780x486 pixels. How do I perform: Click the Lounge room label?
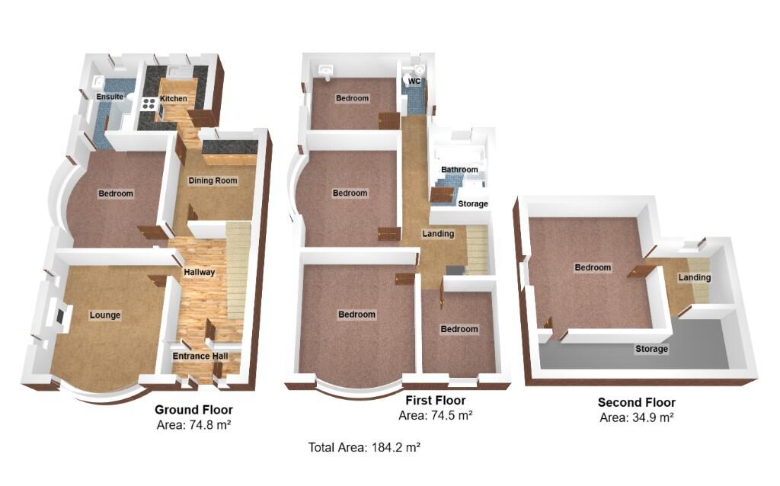tap(105, 315)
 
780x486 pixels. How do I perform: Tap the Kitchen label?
tap(173, 99)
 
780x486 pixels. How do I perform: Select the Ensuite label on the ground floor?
tap(110, 97)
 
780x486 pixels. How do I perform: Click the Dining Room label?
tap(213, 181)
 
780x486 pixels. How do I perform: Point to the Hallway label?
tap(200, 272)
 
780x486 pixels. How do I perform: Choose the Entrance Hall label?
tap(196, 356)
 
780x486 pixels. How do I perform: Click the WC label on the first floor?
tap(414, 82)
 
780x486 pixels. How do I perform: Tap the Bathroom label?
tap(459, 170)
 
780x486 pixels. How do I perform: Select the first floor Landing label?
tap(438, 234)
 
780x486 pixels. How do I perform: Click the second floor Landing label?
tap(695, 278)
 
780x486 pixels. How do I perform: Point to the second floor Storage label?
tap(652, 349)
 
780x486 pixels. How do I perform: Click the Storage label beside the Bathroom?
tap(473, 204)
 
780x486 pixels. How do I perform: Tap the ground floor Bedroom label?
tap(116, 193)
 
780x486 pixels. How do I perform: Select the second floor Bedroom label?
tap(593, 267)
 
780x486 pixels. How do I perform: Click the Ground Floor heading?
tap(193, 410)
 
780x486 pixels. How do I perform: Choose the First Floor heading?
tap(435, 401)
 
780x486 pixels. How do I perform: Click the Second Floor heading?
tap(636, 403)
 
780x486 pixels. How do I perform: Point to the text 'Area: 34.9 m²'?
tap(637, 417)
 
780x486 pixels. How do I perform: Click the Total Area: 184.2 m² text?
tap(365, 447)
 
